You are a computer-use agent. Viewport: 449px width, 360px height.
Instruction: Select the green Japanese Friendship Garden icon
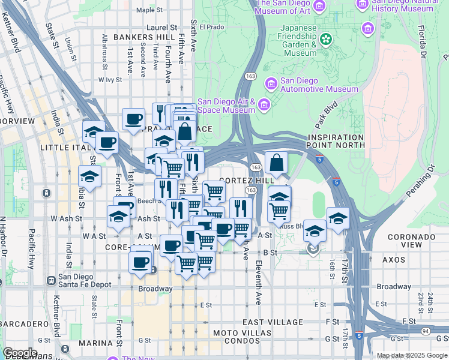tap(326, 40)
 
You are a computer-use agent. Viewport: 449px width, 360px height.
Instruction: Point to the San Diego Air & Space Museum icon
tap(263, 106)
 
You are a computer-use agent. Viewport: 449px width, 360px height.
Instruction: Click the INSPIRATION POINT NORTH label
tap(336, 141)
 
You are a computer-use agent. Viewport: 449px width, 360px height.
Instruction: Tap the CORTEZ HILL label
tap(247, 180)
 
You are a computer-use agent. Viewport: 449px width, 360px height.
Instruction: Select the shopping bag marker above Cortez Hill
tap(276, 163)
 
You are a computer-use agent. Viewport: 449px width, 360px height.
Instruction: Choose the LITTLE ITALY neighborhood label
tap(64, 147)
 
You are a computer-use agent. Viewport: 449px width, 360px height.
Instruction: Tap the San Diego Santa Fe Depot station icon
tap(49, 278)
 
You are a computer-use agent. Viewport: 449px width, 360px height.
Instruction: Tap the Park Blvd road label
tap(326, 115)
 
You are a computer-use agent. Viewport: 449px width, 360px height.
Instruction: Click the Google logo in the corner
tap(20, 353)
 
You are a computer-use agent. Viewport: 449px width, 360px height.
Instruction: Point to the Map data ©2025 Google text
tap(412, 355)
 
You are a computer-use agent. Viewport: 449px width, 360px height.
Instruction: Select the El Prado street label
tap(211, 27)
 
